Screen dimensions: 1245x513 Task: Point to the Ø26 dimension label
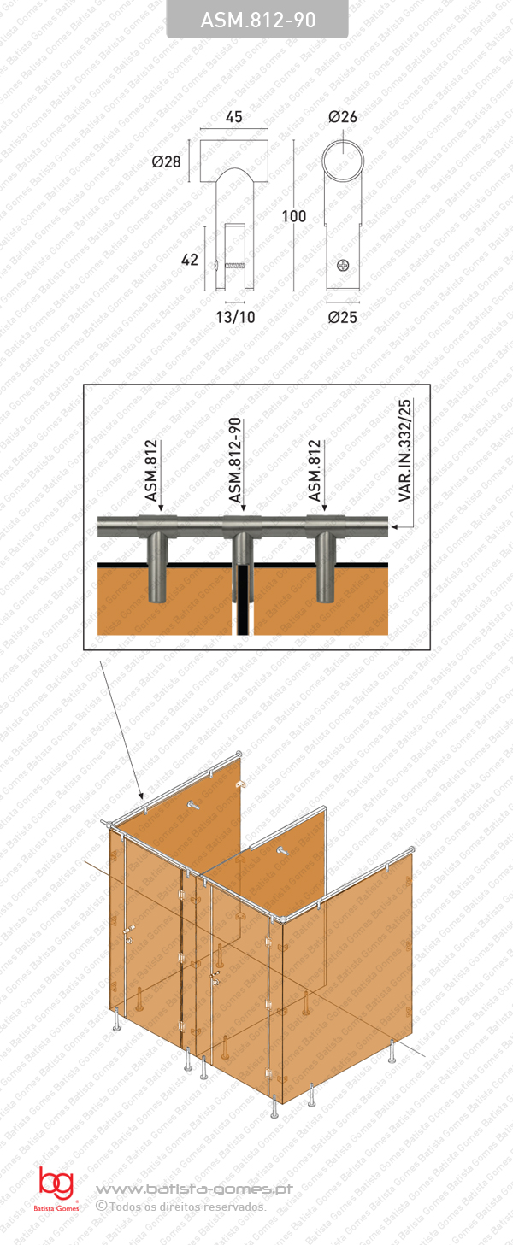[x=342, y=117]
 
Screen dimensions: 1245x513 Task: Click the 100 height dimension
[x=293, y=217]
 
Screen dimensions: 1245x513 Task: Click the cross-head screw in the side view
[x=344, y=266]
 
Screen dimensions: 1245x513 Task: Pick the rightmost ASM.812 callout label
[x=315, y=471]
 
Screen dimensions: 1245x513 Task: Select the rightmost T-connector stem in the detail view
[x=325, y=568]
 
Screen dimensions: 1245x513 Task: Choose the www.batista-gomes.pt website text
[x=194, y=1189]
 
